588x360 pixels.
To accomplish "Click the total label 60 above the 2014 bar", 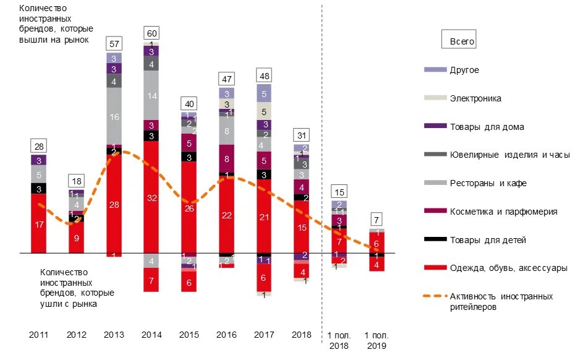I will (x=151, y=32).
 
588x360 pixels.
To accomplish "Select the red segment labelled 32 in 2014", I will (x=151, y=198).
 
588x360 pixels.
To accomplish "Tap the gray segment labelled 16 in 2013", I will (x=114, y=116).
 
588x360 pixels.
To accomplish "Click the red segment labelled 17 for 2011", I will (x=39, y=224).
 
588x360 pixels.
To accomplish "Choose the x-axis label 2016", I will (x=226, y=335).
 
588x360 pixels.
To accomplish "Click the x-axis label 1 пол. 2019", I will (x=377, y=341).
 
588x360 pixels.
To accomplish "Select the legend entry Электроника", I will (x=475, y=98).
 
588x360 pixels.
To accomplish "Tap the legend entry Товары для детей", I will (x=487, y=240).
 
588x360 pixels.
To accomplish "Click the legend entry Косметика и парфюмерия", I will (x=503, y=212).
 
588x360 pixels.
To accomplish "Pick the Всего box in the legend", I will (x=459, y=40).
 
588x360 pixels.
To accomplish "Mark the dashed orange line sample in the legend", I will (x=435, y=297).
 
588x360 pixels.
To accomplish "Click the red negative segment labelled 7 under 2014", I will (x=151, y=280).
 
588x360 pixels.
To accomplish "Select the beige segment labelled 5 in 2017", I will (x=265, y=111).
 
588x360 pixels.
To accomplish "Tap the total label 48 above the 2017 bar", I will (x=264, y=75).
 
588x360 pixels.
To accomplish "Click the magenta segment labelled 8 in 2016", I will (x=227, y=158).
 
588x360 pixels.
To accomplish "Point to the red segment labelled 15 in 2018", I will (x=302, y=228).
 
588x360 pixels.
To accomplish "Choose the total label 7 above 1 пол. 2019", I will (x=377, y=220).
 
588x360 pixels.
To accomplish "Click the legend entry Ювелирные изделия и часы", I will (x=509, y=155).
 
